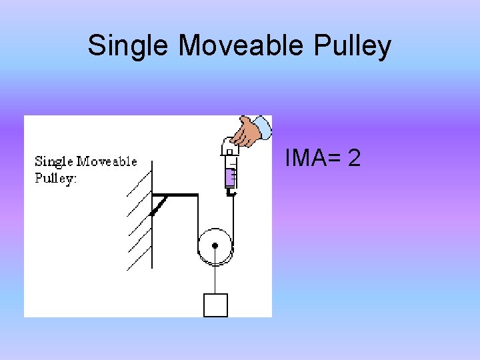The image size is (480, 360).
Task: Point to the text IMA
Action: (x=304, y=159)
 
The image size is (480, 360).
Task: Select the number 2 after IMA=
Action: (x=354, y=159)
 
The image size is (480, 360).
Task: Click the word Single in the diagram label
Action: (x=54, y=161)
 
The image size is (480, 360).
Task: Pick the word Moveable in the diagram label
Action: (x=107, y=161)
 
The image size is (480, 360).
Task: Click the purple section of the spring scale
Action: (x=230, y=177)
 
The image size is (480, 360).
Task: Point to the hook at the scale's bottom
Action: (x=231, y=193)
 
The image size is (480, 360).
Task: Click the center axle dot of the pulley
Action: (x=215, y=245)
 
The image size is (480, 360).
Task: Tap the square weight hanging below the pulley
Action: (x=215, y=305)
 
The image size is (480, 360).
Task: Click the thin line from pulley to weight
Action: (x=215, y=277)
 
